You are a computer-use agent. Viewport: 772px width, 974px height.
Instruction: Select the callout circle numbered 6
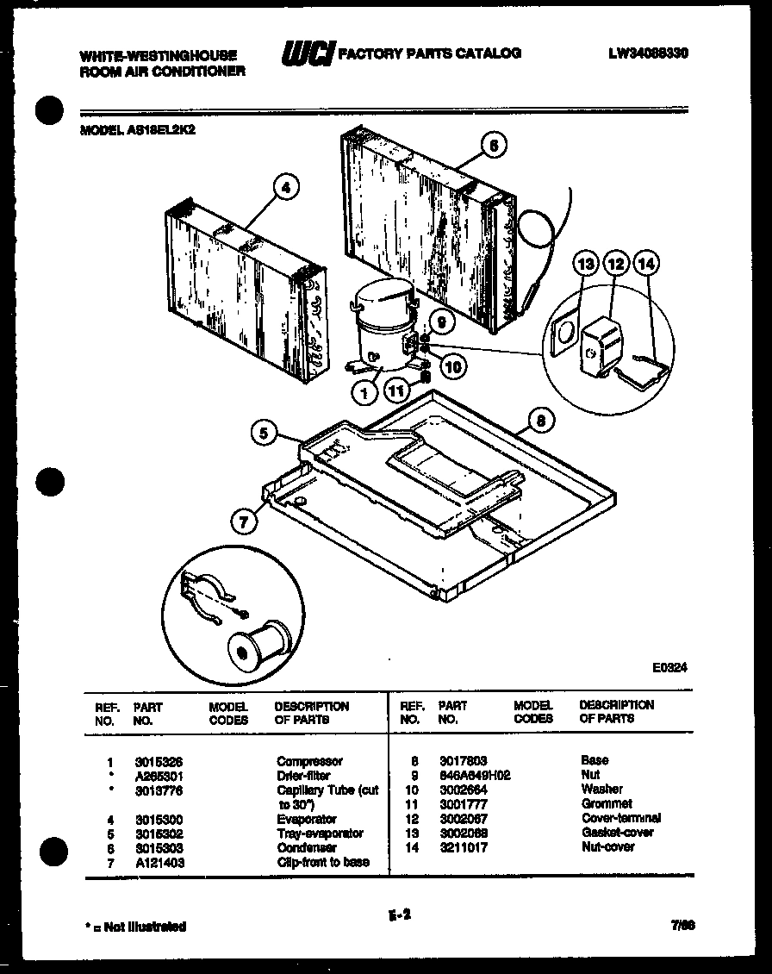[493, 146]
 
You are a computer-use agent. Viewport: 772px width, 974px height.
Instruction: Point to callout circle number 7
[244, 520]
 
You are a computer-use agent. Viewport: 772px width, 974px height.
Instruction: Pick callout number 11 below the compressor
[395, 390]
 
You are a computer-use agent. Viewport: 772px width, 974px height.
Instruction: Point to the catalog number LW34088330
[651, 53]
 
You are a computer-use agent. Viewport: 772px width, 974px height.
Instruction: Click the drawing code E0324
[670, 666]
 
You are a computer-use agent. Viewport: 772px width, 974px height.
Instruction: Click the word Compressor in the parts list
[309, 762]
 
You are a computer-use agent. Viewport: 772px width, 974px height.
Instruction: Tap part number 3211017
[463, 847]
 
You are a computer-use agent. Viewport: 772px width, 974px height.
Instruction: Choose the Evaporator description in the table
[307, 819]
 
